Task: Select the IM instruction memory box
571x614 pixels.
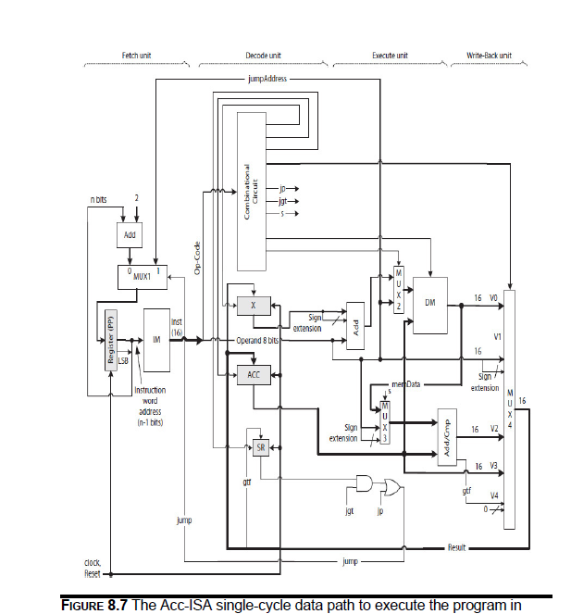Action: pyautogui.click(x=157, y=340)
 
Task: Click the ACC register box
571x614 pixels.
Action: pyautogui.click(x=253, y=374)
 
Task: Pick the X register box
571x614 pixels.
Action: pyautogui.click(x=253, y=305)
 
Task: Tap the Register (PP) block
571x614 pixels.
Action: pyautogui.click(x=110, y=340)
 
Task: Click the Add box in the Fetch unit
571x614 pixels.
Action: pyautogui.click(x=130, y=236)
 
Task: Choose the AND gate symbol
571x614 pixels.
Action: pyautogui.click(x=366, y=482)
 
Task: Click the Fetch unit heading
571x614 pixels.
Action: pyautogui.click(x=137, y=56)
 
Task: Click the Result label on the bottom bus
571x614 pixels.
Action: pyautogui.click(x=457, y=547)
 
